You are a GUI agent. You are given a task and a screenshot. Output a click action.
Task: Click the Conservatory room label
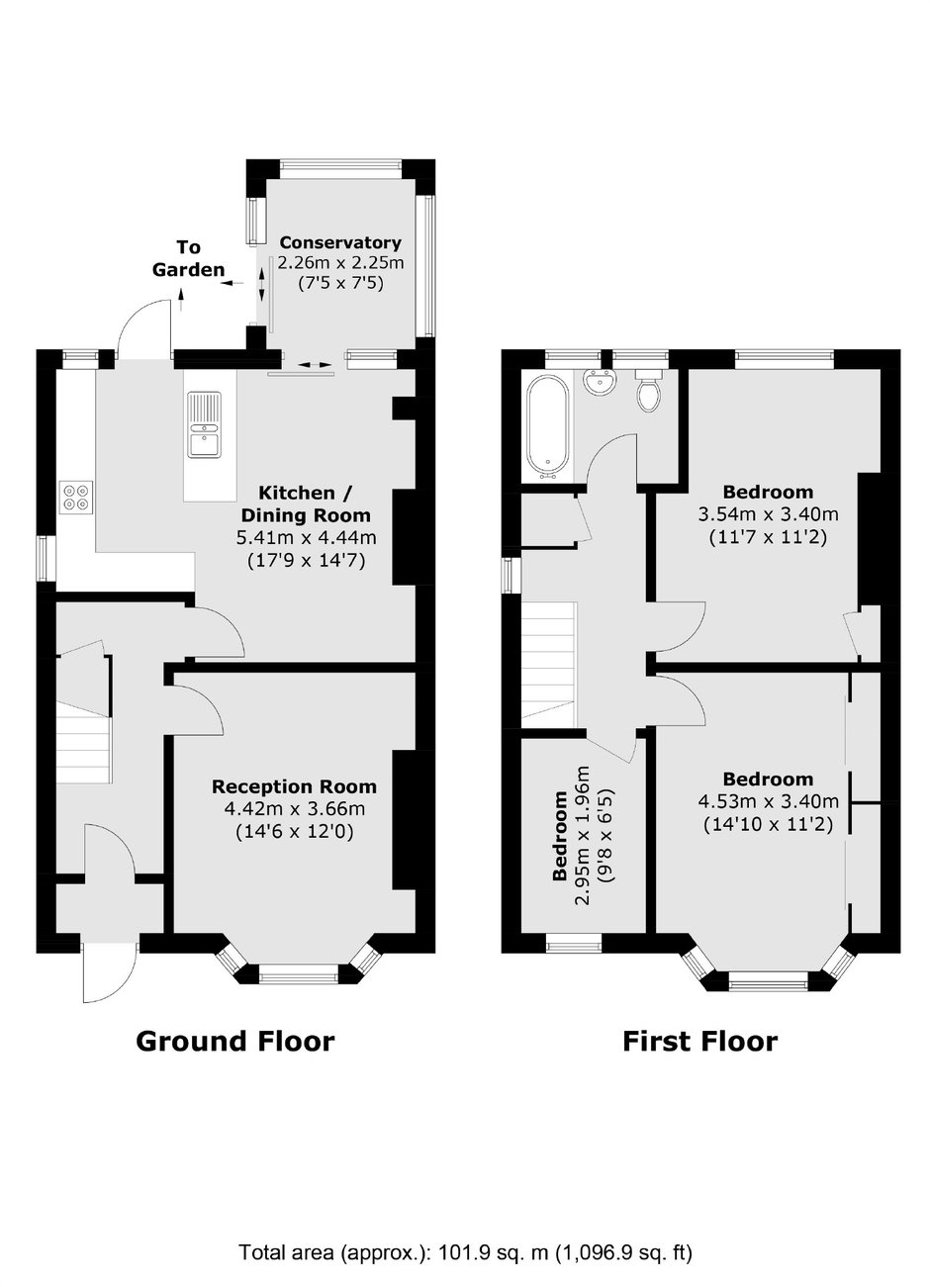[340, 242]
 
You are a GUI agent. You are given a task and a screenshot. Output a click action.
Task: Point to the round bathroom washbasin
[599, 381]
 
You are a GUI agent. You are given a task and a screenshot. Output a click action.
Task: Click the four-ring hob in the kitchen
[76, 497]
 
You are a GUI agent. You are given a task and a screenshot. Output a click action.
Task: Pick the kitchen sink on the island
[204, 424]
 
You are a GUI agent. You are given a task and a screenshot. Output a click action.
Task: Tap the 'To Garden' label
[189, 258]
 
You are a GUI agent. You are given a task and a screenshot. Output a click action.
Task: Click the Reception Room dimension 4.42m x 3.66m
[294, 809]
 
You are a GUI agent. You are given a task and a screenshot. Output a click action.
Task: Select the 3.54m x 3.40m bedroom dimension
[768, 513]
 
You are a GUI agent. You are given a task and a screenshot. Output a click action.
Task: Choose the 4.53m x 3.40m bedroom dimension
[768, 801]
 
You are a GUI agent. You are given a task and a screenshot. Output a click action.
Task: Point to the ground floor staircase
[84, 712]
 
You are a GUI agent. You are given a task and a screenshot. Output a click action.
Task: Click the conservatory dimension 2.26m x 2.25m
[341, 262]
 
